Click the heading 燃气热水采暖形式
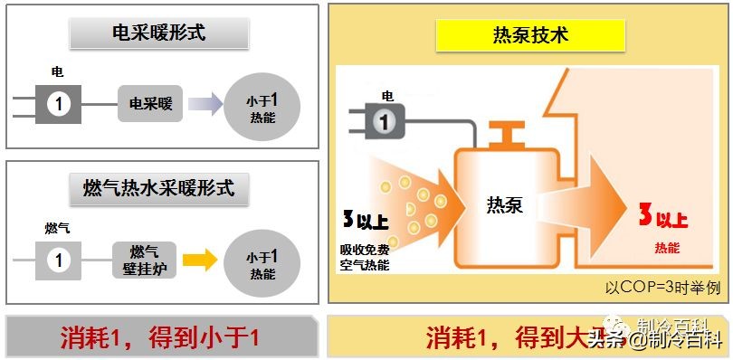(164, 188)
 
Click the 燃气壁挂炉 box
(144, 259)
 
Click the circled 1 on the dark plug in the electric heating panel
(59, 104)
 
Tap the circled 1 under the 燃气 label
(59, 261)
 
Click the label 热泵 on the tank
(504, 205)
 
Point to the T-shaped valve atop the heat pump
(504, 137)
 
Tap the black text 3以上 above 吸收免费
(366, 220)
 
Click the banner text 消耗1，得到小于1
(161, 337)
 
